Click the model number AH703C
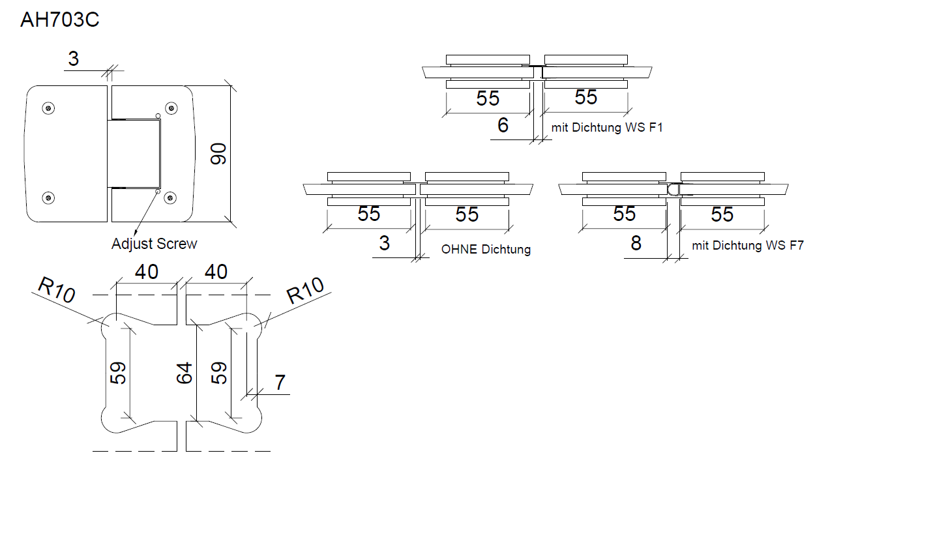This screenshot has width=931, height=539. click(x=59, y=20)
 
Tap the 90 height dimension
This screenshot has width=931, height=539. click(x=218, y=154)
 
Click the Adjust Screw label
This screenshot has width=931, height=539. click(x=154, y=244)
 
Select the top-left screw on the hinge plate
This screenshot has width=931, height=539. click(x=48, y=108)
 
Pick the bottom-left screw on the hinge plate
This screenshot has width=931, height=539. click(x=48, y=197)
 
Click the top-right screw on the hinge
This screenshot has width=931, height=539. click(x=171, y=108)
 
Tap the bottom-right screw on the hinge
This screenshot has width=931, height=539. click(x=171, y=197)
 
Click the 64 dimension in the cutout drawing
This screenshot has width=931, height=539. click(x=185, y=373)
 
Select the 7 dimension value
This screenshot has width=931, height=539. click(x=280, y=383)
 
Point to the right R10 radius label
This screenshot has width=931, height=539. click(x=305, y=290)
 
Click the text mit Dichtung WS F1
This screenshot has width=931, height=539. click(x=606, y=128)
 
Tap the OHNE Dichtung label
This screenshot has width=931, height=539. click(x=486, y=249)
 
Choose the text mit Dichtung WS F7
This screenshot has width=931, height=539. click(x=747, y=246)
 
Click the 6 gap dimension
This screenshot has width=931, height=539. click(x=503, y=125)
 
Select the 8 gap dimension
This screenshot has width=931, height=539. click(x=636, y=243)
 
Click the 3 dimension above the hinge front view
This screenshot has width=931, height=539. click(x=73, y=59)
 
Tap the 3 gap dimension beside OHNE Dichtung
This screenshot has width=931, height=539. click(x=384, y=243)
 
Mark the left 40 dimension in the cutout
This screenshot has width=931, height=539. click(x=147, y=271)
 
